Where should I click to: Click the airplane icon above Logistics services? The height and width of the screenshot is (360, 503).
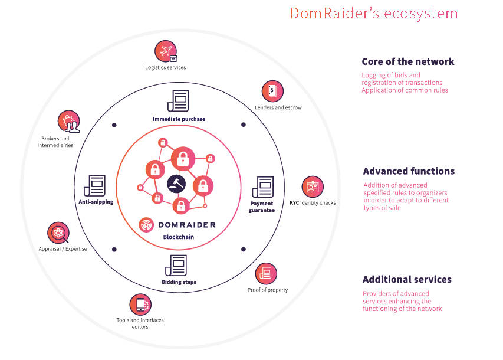[166, 51]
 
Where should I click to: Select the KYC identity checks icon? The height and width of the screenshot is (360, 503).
[313, 186]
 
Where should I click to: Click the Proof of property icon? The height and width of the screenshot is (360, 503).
[267, 273]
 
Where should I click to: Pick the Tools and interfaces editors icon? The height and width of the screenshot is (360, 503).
[140, 304]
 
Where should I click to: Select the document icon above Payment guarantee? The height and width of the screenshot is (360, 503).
[262, 187]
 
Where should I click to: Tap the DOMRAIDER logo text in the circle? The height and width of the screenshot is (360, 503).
[187, 224]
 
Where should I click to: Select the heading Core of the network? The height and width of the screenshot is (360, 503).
[408, 61]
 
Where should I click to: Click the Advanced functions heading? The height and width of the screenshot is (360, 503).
[409, 171]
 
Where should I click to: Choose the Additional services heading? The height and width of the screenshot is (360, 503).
[407, 279]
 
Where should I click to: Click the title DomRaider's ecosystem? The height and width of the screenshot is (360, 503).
[373, 14]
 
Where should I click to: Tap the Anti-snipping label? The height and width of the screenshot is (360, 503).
[96, 202]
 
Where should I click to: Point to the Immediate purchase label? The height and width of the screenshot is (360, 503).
[179, 119]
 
